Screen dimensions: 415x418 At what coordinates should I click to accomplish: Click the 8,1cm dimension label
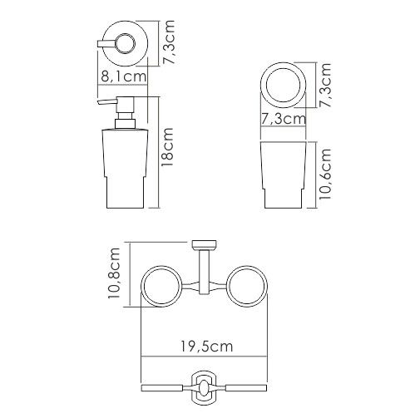(x=123, y=76)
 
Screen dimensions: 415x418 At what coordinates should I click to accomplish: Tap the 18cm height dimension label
(x=168, y=147)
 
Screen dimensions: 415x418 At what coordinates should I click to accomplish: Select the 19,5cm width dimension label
(x=207, y=347)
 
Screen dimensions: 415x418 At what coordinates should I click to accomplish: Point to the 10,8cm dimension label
(x=114, y=273)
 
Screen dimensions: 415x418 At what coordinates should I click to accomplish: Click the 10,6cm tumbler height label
(x=325, y=174)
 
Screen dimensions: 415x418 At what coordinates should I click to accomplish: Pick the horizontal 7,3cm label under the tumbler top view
(x=284, y=119)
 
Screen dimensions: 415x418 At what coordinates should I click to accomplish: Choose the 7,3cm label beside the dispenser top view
(x=169, y=42)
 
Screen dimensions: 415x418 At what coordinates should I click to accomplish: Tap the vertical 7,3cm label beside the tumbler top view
(x=325, y=85)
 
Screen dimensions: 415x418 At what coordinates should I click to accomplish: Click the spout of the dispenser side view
(x=107, y=101)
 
